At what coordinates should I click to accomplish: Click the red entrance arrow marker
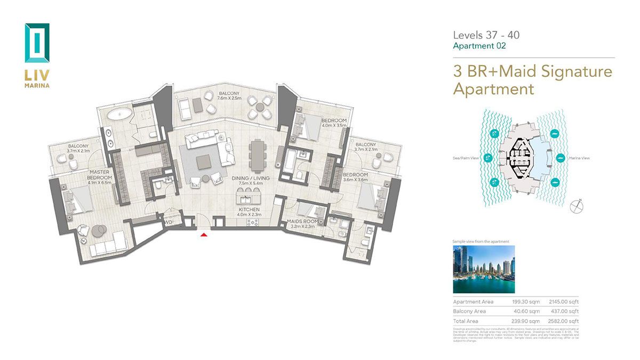point(203,234)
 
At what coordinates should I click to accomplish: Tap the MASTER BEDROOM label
point(100,175)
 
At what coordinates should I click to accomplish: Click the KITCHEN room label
point(249,210)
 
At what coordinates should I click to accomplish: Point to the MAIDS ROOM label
point(302,221)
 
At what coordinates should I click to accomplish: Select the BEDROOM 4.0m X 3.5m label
point(334,123)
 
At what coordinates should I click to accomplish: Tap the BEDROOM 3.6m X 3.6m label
point(356,177)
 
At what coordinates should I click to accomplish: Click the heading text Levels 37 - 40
point(486,35)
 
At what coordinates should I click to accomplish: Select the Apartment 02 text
point(479,46)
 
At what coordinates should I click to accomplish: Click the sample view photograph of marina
point(484,269)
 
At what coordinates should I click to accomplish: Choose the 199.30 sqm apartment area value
point(525,302)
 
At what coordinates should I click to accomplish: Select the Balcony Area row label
point(469,311)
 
